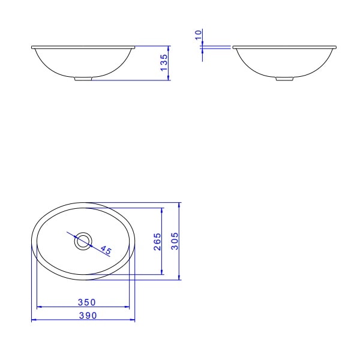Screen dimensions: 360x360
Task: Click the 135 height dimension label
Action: point(163,62)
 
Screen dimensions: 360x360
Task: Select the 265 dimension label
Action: point(157,242)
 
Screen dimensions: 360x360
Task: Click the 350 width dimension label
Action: point(87,302)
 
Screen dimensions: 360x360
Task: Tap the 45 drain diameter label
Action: point(106,250)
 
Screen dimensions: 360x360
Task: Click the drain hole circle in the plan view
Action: point(82,242)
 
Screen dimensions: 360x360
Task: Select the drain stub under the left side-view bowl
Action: point(83,78)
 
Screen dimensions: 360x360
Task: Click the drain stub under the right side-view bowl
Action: point(285,78)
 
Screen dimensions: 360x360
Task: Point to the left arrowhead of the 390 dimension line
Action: point(32,320)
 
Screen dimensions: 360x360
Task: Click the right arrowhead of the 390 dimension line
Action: point(134,320)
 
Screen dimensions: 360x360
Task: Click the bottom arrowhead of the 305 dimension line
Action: point(179,278)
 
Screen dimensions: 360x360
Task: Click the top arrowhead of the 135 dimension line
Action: point(169,47)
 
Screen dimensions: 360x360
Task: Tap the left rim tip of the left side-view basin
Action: point(32,46)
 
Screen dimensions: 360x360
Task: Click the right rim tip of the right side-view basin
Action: point(336,46)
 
